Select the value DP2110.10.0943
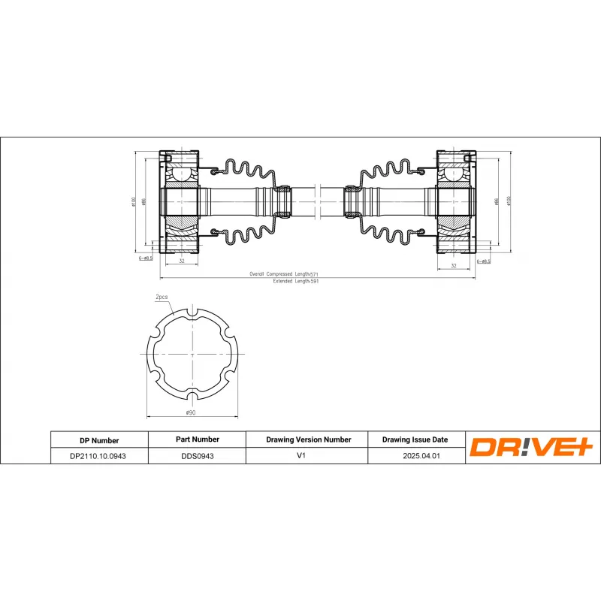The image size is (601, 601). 99,456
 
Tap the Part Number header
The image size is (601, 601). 197,439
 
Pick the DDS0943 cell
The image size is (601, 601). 197,456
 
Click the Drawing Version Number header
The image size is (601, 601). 308,440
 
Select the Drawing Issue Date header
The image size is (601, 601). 415,440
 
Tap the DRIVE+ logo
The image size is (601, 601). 531,448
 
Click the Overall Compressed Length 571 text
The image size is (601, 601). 284,274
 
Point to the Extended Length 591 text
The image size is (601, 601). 296,281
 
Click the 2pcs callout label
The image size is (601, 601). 162,297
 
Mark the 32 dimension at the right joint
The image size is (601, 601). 453,266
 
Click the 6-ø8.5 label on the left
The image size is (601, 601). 146,258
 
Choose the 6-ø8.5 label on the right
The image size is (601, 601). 484,261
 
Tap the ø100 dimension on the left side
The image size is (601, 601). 133,203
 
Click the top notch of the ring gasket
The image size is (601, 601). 192,313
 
